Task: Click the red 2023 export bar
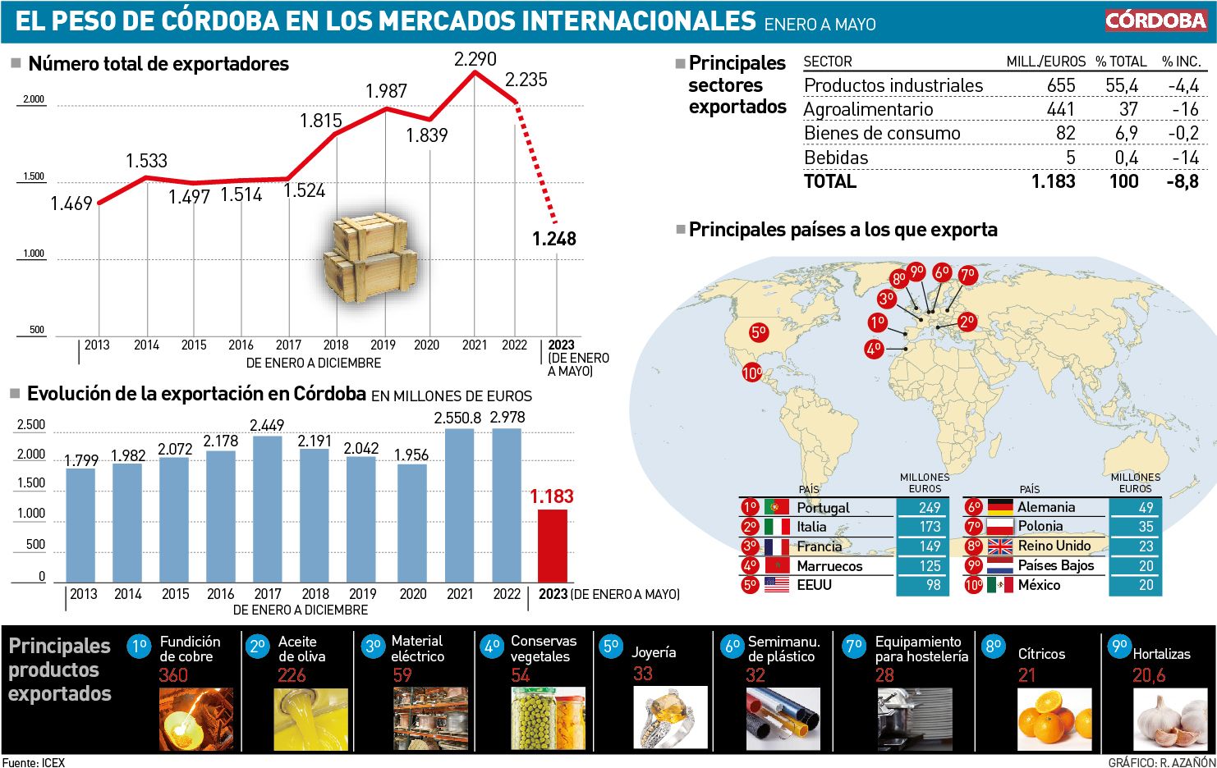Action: [552, 546]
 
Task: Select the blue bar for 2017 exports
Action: [268, 509]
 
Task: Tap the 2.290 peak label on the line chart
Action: [475, 59]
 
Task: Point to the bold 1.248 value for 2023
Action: [554, 239]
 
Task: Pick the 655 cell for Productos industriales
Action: [1061, 85]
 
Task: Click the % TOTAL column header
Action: [1121, 62]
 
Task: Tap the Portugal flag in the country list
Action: [776, 507]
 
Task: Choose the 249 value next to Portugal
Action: [930, 507]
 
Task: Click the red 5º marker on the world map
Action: [758, 332]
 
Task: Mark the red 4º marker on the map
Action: [874, 349]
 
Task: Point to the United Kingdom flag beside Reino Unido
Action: [999, 546]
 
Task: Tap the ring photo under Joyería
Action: [669, 717]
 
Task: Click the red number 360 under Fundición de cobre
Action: [173, 675]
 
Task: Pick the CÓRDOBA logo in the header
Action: [1155, 21]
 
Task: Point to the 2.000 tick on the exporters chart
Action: [34, 99]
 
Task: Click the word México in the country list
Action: [1039, 585]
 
